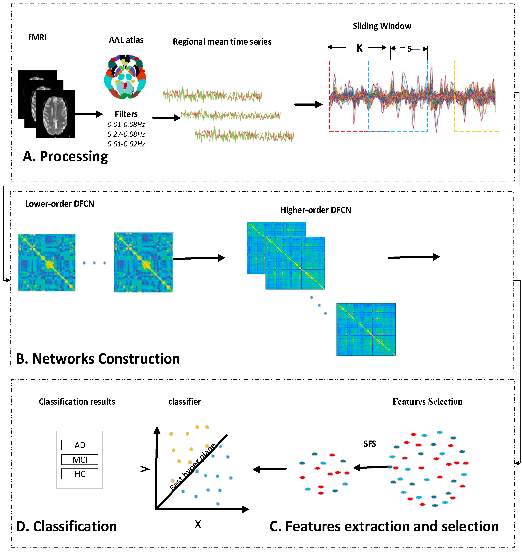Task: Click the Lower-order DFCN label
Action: (x=60, y=204)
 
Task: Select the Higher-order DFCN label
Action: (x=316, y=210)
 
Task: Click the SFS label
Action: (x=370, y=444)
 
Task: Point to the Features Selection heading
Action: (x=427, y=402)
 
